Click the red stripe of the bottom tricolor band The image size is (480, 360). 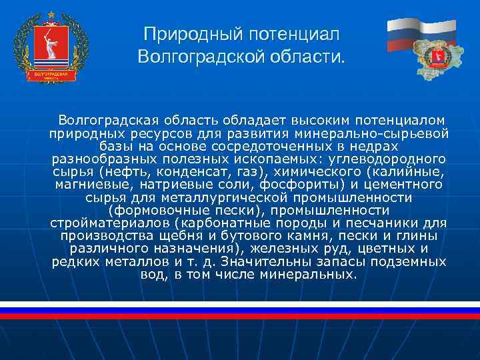pos(240,316)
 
